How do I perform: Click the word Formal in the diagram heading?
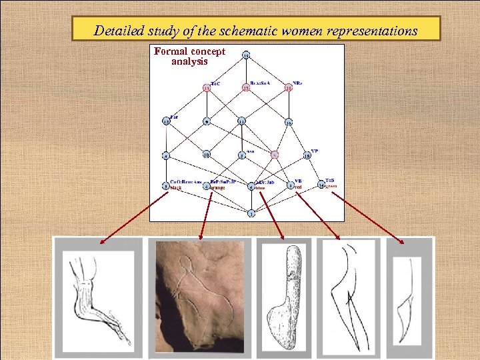coord(170,51)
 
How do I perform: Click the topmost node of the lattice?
coord(247,55)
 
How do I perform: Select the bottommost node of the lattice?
coord(251,213)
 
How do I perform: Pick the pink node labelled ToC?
coord(207,88)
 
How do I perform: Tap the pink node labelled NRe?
coord(289,88)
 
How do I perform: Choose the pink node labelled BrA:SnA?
coord(247,88)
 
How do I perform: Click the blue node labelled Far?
coord(166,121)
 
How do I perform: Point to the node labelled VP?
coord(307,156)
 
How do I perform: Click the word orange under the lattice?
coord(217,188)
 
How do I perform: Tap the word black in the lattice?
coord(176,188)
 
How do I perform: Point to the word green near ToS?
coord(332,186)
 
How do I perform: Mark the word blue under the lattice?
coord(260,188)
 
